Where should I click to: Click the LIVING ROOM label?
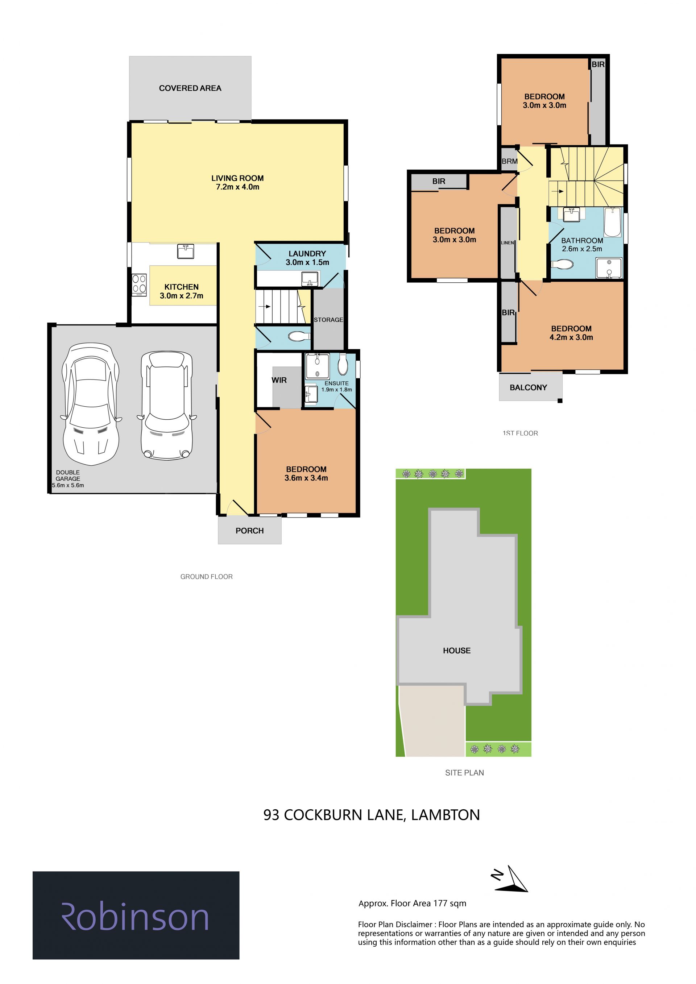[237, 182]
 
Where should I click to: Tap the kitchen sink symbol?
[186, 251]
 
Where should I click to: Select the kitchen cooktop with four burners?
[139, 285]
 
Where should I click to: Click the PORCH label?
[249, 531]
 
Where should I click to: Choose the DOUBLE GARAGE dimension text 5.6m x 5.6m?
[68, 485]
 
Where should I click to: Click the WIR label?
[279, 380]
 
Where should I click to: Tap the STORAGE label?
[328, 320]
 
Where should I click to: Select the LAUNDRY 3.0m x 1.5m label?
[307, 258]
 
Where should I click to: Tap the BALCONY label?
[529, 387]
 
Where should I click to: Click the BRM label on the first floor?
[510, 162]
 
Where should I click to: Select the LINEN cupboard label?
[507, 242]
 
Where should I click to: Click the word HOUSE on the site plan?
[457, 651]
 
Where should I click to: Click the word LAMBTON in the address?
[446, 815]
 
